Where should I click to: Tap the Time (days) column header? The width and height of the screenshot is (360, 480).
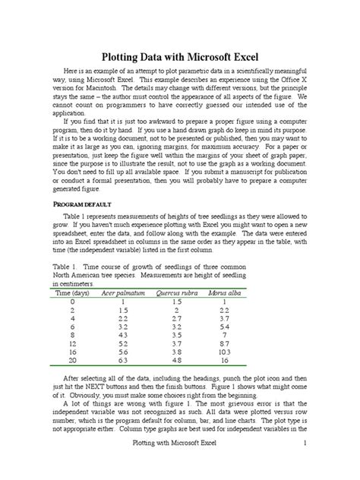pyautogui.click(x=73, y=292)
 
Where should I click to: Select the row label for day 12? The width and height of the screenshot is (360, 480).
pyautogui.click(x=73, y=343)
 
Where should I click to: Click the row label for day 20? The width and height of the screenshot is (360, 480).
pyautogui.click(x=73, y=361)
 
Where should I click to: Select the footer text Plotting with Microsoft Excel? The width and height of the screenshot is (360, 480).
pyautogui.click(x=179, y=463)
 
